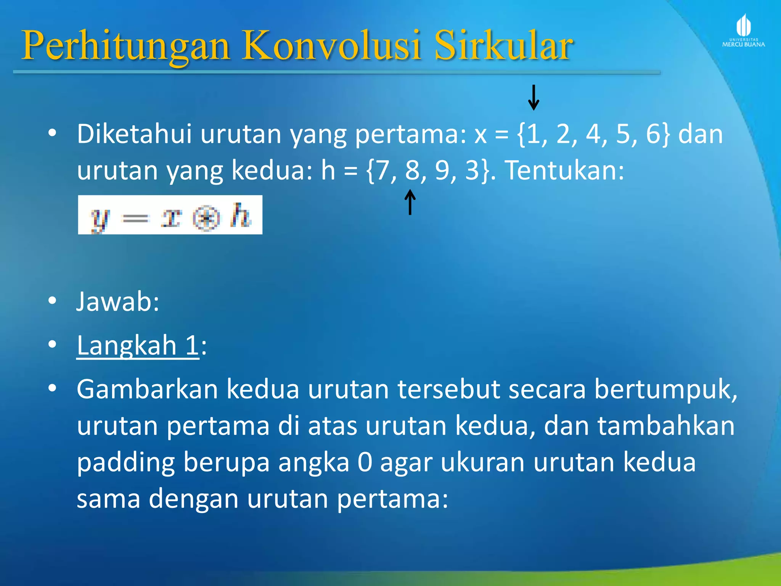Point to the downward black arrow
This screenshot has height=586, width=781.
pyautogui.click(x=534, y=98)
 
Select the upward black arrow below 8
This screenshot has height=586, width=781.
pyautogui.click(x=410, y=202)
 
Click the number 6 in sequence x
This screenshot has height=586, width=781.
pyautogui.click(x=653, y=134)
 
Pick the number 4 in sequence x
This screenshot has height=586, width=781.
pyautogui.click(x=593, y=134)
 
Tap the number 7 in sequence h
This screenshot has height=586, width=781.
pyautogui.click(x=382, y=171)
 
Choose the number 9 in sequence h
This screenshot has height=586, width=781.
pyautogui.click(x=442, y=171)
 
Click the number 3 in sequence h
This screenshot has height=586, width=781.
pyautogui.click(x=472, y=171)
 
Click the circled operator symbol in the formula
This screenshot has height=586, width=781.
pyautogui.click(x=206, y=219)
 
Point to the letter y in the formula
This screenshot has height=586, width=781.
pyautogui.click(x=100, y=219)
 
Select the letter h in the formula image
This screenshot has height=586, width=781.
pyautogui.click(x=241, y=216)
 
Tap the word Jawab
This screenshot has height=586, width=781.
pyautogui.click(x=117, y=302)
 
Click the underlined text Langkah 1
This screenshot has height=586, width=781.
pyautogui.click(x=138, y=346)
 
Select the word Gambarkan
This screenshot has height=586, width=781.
pyautogui.click(x=147, y=390)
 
